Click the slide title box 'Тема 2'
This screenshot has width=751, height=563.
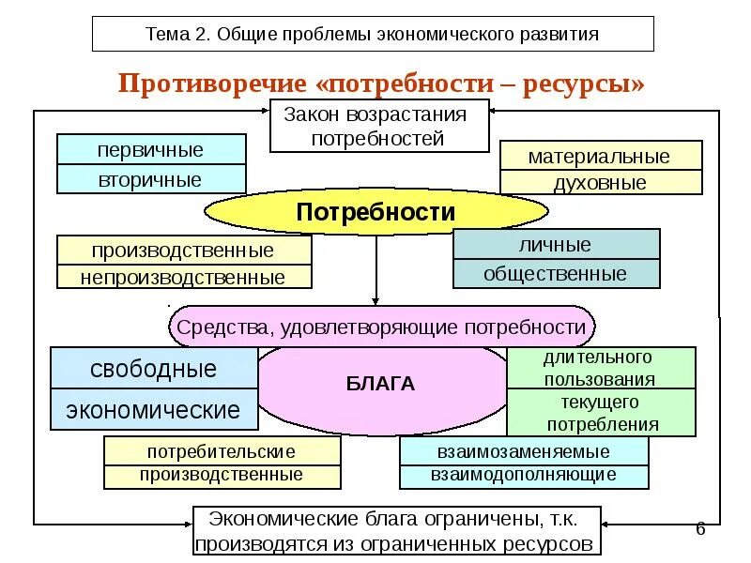373,35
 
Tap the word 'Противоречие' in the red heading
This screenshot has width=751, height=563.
213,84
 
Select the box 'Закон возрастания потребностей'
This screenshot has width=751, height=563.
379,127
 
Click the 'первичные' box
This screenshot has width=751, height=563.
150,149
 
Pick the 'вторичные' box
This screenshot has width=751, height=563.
150,179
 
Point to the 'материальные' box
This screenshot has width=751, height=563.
600,156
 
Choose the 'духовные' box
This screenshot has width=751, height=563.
600,183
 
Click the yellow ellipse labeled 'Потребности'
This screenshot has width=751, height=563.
375,213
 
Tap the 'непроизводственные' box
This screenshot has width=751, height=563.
183,277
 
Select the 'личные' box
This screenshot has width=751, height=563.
556,245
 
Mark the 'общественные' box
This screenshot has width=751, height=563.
556,274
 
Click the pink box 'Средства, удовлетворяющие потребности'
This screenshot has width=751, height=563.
382,327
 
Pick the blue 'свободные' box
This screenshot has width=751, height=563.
153,369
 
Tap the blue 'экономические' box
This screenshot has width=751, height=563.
153,409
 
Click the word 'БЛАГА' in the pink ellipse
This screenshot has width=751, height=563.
380,384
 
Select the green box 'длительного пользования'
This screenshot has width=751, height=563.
600,368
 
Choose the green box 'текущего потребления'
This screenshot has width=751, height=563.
600,413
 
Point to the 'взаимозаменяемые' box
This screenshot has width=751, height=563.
523,451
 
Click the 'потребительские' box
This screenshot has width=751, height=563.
222,451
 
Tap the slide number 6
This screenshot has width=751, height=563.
700,528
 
